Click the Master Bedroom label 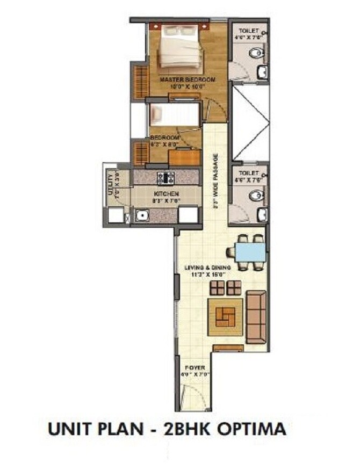click(188, 80)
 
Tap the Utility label click(110, 184)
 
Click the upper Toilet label click(249, 32)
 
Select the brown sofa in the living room click(256, 316)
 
